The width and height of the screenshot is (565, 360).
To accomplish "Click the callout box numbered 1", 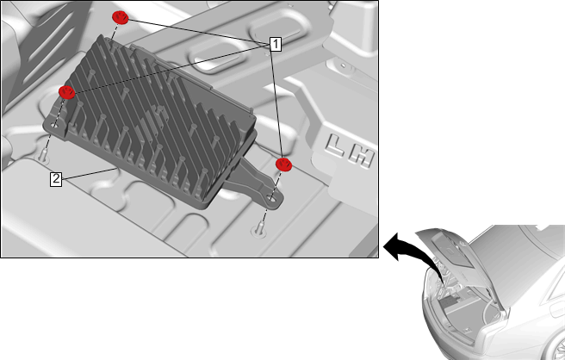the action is click(276, 44).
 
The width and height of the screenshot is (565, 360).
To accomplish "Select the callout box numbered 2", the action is click(56, 179).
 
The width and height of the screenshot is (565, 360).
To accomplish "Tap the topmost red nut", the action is click(120, 18).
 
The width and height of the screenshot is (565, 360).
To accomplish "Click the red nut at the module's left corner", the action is click(66, 92).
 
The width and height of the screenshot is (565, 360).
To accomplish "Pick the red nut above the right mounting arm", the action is click(283, 164).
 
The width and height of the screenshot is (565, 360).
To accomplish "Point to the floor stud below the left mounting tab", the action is click(43, 156).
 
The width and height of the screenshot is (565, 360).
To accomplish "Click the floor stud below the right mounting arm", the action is click(259, 229).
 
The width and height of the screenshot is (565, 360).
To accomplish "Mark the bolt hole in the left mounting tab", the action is click(54, 126).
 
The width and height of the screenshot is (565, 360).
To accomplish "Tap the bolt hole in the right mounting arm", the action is click(271, 197).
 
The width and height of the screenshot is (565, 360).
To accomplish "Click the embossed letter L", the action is click(336, 146).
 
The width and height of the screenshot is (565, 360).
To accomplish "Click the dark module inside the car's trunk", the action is click(451, 302).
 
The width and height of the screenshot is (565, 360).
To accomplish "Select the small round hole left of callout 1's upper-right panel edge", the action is click(343, 65).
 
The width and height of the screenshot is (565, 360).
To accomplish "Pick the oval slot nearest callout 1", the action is click(275, 28).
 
